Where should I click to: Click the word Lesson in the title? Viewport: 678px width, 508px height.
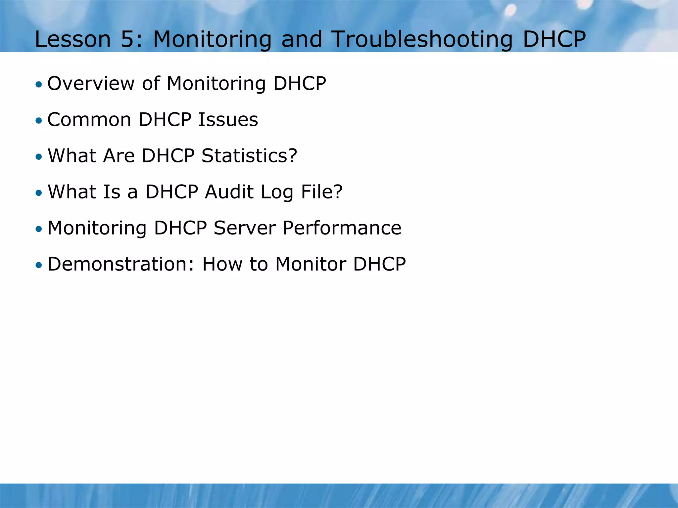pos(73,39)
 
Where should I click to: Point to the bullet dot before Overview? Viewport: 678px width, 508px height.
pos(39,85)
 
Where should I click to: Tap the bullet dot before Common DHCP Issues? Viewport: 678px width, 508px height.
pos(39,121)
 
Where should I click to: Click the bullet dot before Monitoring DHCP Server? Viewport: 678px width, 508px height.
pos(39,229)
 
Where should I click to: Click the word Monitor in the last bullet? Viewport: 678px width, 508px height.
pos(310,264)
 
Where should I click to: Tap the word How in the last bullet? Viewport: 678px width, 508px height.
pos(222,264)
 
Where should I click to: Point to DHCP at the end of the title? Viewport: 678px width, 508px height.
pos(554,39)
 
